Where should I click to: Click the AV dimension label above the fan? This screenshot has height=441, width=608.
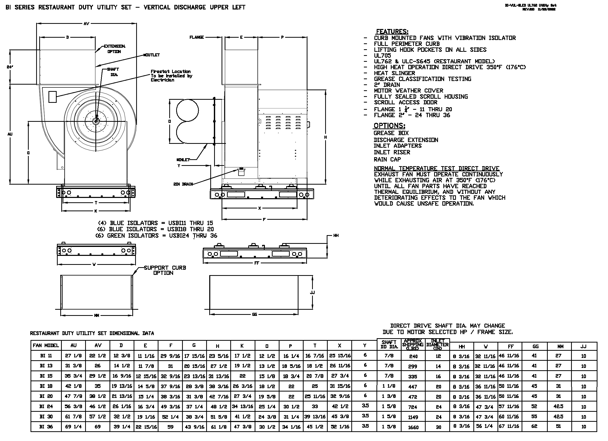pyautogui.click(x=86, y=24)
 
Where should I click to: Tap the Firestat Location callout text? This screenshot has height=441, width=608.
pyautogui.click(x=171, y=76)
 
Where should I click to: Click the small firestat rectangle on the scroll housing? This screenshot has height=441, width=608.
pyautogui.click(x=53, y=97)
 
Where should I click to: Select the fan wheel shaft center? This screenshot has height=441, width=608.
pyautogui.click(x=95, y=122)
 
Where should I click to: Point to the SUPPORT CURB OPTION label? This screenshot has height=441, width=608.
pyautogui.click(x=165, y=270)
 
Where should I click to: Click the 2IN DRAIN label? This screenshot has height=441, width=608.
pyautogui.click(x=183, y=184)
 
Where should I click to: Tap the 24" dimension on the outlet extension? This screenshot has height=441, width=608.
pyautogui.click(x=10, y=67)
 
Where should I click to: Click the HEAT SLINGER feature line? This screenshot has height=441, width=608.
pyautogui.click(x=394, y=73)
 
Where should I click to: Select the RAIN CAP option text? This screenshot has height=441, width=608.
pyautogui.click(x=387, y=159)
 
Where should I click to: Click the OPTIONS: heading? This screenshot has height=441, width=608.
pyautogui.click(x=389, y=126)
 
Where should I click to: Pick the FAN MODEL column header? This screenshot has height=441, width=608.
pyautogui.click(x=46, y=345)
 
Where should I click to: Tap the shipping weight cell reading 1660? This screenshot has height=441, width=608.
pyautogui.click(x=413, y=427)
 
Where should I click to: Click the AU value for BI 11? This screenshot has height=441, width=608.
pyautogui.click(x=73, y=356)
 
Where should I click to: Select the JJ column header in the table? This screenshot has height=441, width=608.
pyautogui.click(x=583, y=346)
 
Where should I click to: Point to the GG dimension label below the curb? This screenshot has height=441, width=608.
pyautogui.click(x=254, y=314)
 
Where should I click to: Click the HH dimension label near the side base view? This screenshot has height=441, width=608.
pyautogui.click(x=336, y=235)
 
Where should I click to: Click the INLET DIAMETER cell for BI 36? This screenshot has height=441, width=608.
pyautogui.click(x=438, y=427)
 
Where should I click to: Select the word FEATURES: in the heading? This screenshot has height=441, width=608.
pyautogui.click(x=392, y=31)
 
